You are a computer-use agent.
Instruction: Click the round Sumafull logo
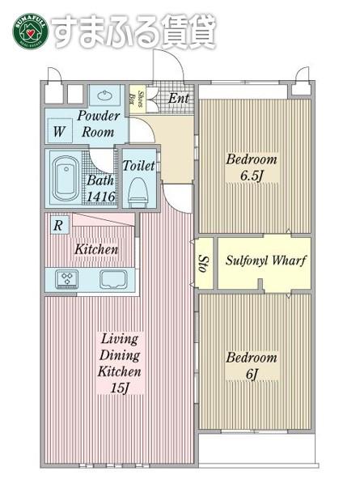click(x=30, y=31)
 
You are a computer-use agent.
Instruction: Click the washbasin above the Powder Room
click(x=104, y=95)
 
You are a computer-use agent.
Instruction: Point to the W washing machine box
click(x=60, y=130)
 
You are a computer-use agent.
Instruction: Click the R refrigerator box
click(x=59, y=226)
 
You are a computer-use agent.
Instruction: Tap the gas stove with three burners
click(x=66, y=279)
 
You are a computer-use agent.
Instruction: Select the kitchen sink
click(x=113, y=279)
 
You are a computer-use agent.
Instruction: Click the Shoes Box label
click(x=136, y=99)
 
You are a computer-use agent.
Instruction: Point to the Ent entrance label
click(x=179, y=99)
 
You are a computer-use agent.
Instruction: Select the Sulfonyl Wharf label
click(x=265, y=261)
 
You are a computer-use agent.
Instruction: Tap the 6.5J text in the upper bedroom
click(x=252, y=176)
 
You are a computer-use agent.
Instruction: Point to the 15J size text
click(x=120, y=388)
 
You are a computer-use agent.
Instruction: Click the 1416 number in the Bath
click(x=101, y=197)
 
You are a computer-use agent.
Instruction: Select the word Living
click(x=120, y=339)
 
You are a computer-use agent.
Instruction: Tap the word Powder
click(x=99, y=116)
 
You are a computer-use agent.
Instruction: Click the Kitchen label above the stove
click(x=96, y=249)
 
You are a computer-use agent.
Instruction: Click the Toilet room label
click(x=138, y=166)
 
